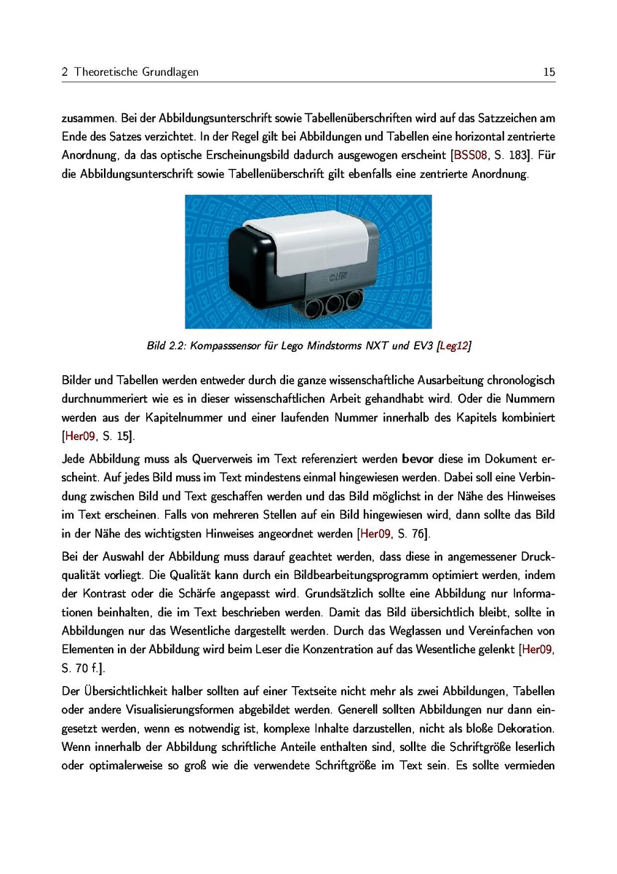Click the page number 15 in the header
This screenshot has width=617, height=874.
coord(549,72)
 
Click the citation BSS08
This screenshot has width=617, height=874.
coord(470,154)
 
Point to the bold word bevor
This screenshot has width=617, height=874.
coord(417,460)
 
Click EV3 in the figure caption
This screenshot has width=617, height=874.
coord(421,346)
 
